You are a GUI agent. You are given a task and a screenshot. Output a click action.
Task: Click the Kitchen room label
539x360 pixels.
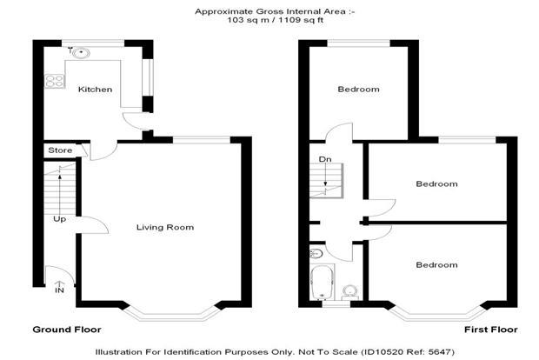[x=96, y=90]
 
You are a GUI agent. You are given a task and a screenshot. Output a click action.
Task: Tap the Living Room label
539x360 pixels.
[x=165, y=227]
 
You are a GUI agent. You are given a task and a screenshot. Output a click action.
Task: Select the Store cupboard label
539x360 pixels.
[x=60, y=150]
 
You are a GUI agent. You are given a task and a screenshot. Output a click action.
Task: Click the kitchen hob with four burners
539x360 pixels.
[x=55, y=81]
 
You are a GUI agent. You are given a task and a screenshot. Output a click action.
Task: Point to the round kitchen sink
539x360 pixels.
[x=82, y=52]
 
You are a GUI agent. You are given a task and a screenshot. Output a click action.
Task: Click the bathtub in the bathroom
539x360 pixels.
[x=322, y=283]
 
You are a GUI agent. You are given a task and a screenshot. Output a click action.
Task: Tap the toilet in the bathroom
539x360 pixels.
[x=350, y=292]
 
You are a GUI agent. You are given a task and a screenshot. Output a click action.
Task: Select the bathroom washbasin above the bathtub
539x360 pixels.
[x=316, y=254]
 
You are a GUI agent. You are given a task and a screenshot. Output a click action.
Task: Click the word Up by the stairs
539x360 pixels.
[x=59, y=219]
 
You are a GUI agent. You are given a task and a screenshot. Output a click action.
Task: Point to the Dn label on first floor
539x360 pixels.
[x=325, y=159]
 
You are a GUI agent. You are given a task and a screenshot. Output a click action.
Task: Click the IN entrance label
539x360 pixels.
[x=59, y=290]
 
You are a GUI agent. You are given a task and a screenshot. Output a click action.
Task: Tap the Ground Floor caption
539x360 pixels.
[x=67, y=330]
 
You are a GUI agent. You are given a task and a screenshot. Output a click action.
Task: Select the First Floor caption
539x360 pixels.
[x=491, y=330]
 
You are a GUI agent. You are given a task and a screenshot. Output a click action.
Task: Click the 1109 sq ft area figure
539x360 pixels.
[x=301, y=20]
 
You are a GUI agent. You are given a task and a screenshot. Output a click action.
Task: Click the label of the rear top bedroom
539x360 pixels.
[x=358, y=90]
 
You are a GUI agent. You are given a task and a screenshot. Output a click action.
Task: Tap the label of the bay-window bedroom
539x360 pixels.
[x=436, y=264]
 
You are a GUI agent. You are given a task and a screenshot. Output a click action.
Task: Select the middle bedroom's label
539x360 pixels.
[x=436, y=184]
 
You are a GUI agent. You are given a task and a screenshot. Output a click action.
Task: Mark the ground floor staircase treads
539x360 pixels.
[x=59, y=189]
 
